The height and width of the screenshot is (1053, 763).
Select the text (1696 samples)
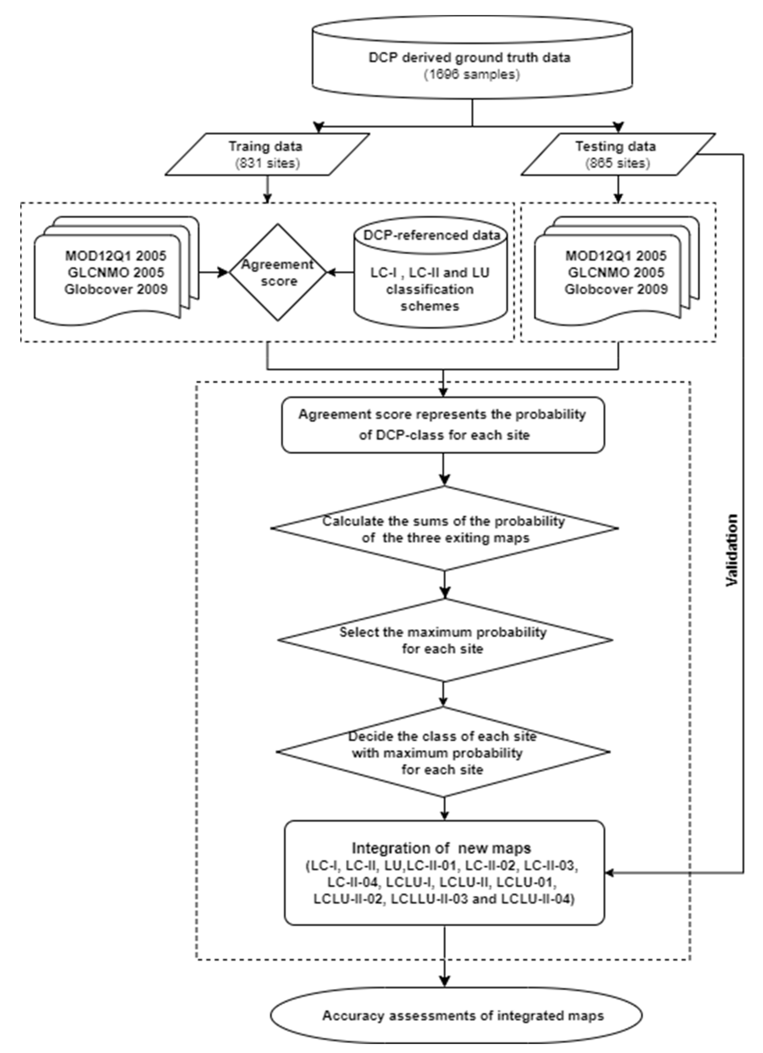pyautogui.click(x=472, y=74)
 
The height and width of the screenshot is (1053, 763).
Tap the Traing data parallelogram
pyautogui.click(x=267, y=154)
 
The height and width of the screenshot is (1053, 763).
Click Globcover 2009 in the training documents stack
pyautogui.click(x=116, y=289)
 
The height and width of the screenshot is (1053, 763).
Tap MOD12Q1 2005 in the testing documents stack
pyautogui.click(x=616, y=256)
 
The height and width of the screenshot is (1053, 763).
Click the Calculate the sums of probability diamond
pyautogui.click(x=444, y=529)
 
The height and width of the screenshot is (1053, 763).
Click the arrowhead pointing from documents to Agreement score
pyautogui.click(x=225, y=273)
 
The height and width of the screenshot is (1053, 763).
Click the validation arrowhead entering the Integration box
pyautogui.click(x=610, y=873)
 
